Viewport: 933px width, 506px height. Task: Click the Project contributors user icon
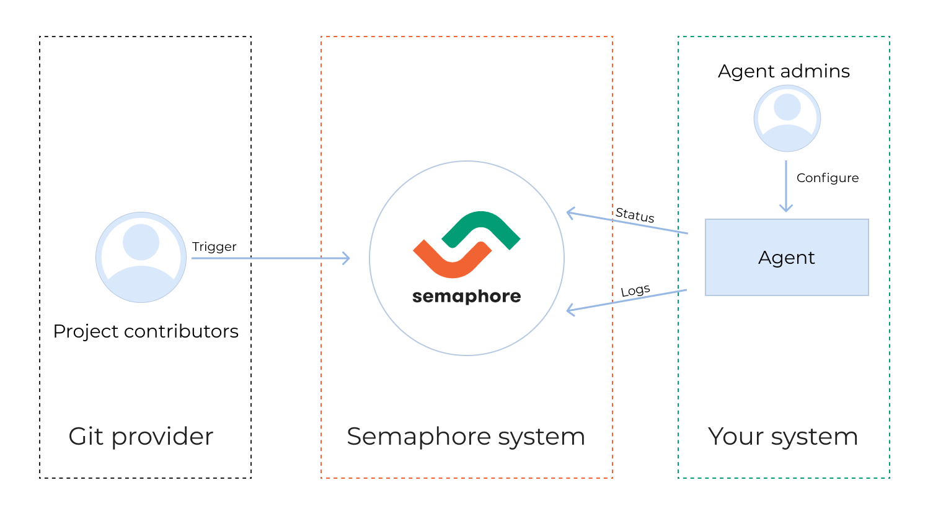(141, 257)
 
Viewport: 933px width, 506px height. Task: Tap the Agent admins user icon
(787, 118)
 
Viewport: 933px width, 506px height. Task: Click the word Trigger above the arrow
(214, 246)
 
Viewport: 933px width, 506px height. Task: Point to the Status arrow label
(635, 215)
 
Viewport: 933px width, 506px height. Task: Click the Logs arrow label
(635, 290)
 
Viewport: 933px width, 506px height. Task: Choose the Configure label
(827, 178)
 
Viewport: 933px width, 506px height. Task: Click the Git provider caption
(141, 437)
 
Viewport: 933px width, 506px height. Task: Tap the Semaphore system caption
(466, 437)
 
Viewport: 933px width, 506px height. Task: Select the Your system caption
(783, 437)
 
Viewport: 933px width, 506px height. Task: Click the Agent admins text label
(784, 71)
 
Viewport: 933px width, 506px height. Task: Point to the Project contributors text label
(146, 331)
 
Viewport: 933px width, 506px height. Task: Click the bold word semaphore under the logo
(466, 297)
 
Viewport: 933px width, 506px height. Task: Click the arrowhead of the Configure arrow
(786, 209)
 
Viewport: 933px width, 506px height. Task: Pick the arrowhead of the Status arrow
(570, 213)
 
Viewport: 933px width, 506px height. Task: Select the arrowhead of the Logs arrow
(570, 310)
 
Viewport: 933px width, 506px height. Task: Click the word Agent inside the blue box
(786, 258)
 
